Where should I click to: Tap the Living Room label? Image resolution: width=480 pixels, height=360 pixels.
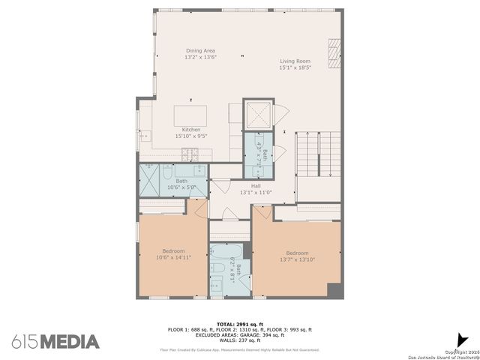(295, 61)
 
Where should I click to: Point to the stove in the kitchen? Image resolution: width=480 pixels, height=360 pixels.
(189, 154)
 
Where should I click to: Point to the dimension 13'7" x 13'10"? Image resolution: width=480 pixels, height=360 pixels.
(297, 259)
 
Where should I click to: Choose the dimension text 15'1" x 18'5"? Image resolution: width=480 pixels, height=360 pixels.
(295, 67)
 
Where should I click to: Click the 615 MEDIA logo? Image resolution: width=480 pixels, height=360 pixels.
(55, 342)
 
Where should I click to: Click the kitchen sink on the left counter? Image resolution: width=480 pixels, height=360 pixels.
(145, 136)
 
